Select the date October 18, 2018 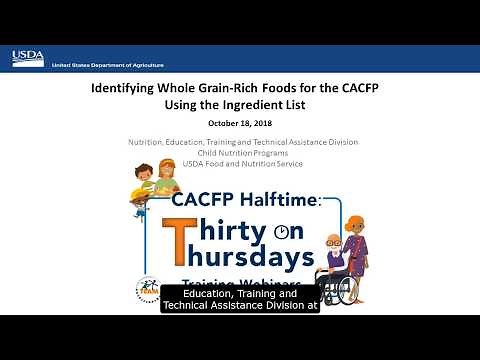239,123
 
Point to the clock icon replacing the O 283,232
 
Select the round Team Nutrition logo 148,290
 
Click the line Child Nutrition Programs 240,152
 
